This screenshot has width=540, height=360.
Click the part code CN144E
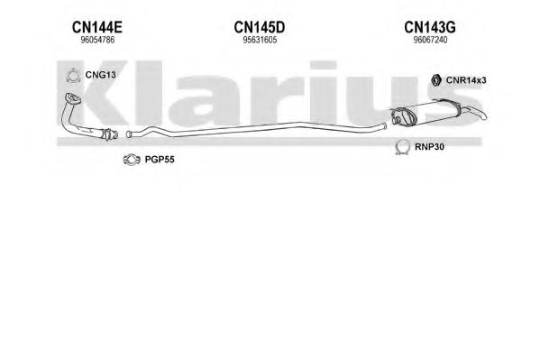(97, 27)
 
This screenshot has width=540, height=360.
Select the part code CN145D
(260, 27)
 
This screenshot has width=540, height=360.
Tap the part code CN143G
(430, 27)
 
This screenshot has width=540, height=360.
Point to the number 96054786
(97, 40)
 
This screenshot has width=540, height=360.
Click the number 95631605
(260, 40)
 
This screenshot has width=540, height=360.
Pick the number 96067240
(430, 40)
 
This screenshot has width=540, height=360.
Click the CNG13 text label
(101, 75)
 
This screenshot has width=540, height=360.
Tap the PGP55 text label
(160, 160)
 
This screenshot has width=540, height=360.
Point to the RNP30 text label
(429, 147)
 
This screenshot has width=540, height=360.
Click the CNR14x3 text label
(466, 80)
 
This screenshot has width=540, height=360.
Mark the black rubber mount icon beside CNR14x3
(436, 80)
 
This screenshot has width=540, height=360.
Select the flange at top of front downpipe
(73, 98)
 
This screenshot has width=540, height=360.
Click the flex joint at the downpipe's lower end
(110, 134)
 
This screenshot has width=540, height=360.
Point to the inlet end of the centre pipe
(129, 134)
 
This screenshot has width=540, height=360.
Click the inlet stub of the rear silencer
(396, 121)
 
